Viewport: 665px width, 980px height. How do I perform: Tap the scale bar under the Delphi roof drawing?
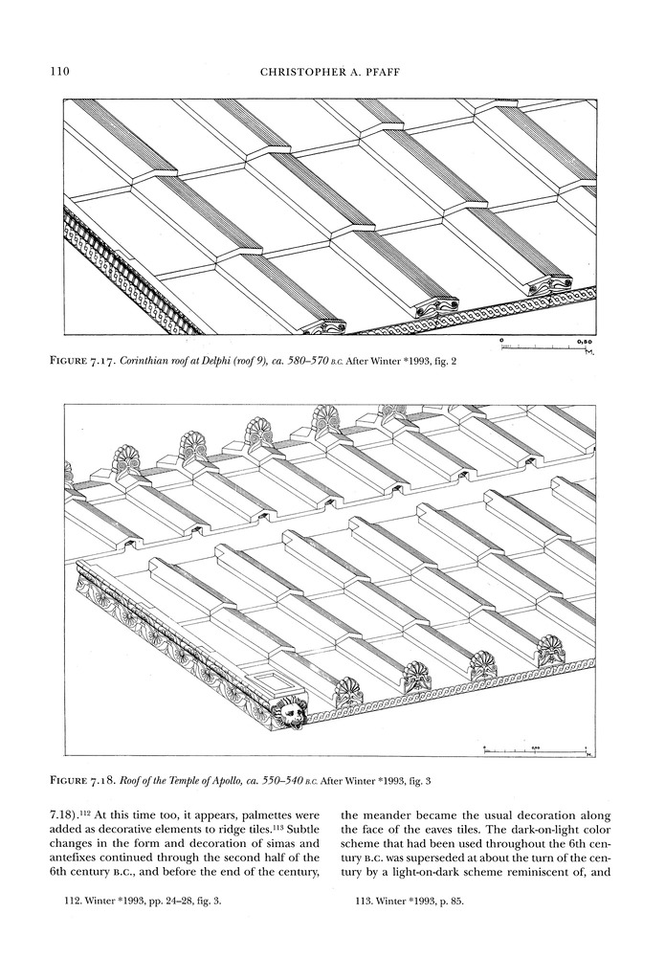click(x=544, y=345)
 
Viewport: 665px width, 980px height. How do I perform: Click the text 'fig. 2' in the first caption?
click(x=428, y=361)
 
